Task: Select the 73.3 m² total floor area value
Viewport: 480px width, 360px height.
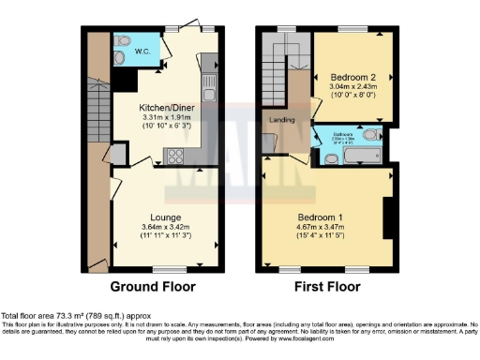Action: (x=67, y=316)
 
